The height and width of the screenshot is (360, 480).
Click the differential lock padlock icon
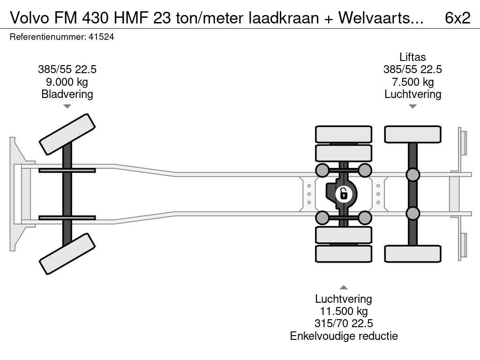tap(344, 194)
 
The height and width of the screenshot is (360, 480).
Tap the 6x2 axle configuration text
tap(457, 18)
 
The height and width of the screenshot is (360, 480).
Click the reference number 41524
tap(101, 37)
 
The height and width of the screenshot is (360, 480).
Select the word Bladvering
tap(67, 94)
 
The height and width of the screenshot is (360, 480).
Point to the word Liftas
tap(412, 57)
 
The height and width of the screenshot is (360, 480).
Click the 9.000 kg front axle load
tap(67, 82)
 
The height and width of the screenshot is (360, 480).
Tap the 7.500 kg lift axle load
tap(412, 82)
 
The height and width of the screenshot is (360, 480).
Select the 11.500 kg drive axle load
tap(344, 311)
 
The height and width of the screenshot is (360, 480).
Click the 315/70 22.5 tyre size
tap(344, 323)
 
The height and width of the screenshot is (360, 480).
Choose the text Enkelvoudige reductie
tap(344, 336)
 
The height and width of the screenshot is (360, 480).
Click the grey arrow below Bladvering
tap(67, 106)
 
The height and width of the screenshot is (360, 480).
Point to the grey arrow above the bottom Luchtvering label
tap(344, 287)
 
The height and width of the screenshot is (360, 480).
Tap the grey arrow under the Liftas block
tap(412, 106)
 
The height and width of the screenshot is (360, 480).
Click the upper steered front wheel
tap(67, 135)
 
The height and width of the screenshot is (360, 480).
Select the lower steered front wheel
tap(67, 254)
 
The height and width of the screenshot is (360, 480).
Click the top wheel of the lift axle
tap(412, 135)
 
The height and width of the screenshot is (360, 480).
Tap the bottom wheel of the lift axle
tap(412, 254)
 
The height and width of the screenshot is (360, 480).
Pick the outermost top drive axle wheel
tap(344, 135)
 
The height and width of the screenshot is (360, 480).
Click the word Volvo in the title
tap(29, 18)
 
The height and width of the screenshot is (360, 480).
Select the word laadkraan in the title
tap(284, 18)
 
